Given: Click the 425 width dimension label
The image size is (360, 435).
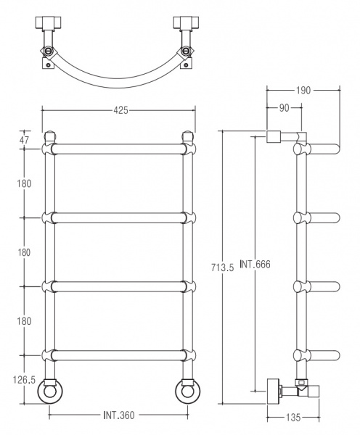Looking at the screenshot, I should [120, 109].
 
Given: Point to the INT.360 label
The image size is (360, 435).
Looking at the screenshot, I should [119, 416].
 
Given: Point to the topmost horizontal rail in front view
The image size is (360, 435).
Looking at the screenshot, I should [119, 149].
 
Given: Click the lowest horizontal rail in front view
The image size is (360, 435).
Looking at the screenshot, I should [119, 355].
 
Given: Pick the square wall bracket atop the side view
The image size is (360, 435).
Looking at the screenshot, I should [274, 136].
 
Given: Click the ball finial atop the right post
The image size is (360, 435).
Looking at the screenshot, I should [189, 135].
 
